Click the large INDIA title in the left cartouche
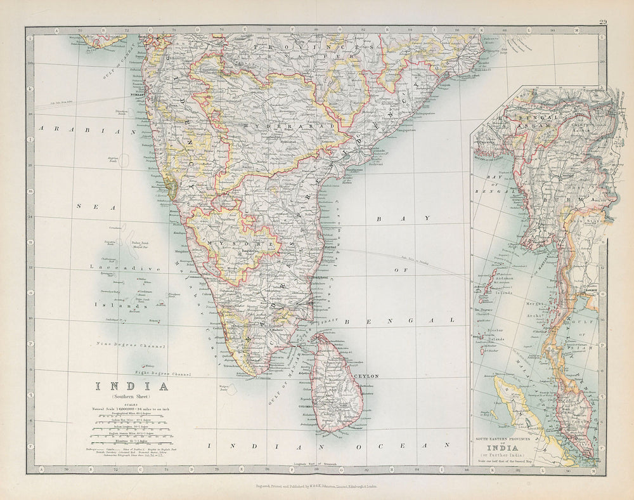(x=132, y=386)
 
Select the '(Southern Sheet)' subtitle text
(x=132, y=397)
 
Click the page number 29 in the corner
(x=602, y=23)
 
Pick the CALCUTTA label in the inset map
(x=489, y=143)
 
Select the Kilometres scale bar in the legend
(x=131, y=440)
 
